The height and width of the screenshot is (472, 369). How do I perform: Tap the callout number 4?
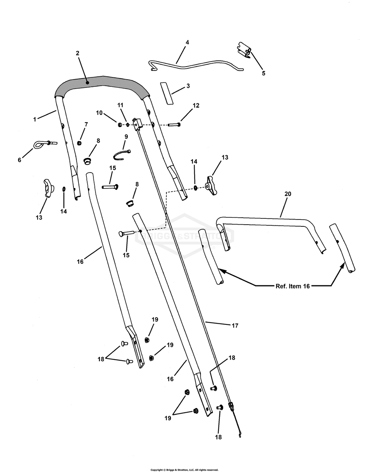[x=187, y=42]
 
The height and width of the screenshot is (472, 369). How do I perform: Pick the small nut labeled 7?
[x=79, y=143]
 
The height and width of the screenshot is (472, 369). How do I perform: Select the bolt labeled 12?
[x=174, y=125]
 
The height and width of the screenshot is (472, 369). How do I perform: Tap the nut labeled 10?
[x=119, y=125]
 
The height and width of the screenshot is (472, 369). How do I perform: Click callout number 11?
[x=120, y=105]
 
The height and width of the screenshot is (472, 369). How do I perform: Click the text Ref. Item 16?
[x=293, y=286]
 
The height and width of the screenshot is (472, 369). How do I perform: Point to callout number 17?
[x=235, y=326]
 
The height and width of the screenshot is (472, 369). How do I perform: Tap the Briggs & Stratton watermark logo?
[x=184, y=236]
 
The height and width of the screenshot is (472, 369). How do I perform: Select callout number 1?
[x=34, y=119]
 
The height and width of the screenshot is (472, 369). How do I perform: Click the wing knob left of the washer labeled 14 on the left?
[x=48, y=188]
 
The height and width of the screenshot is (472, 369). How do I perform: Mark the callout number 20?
[x=288, y=194]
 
